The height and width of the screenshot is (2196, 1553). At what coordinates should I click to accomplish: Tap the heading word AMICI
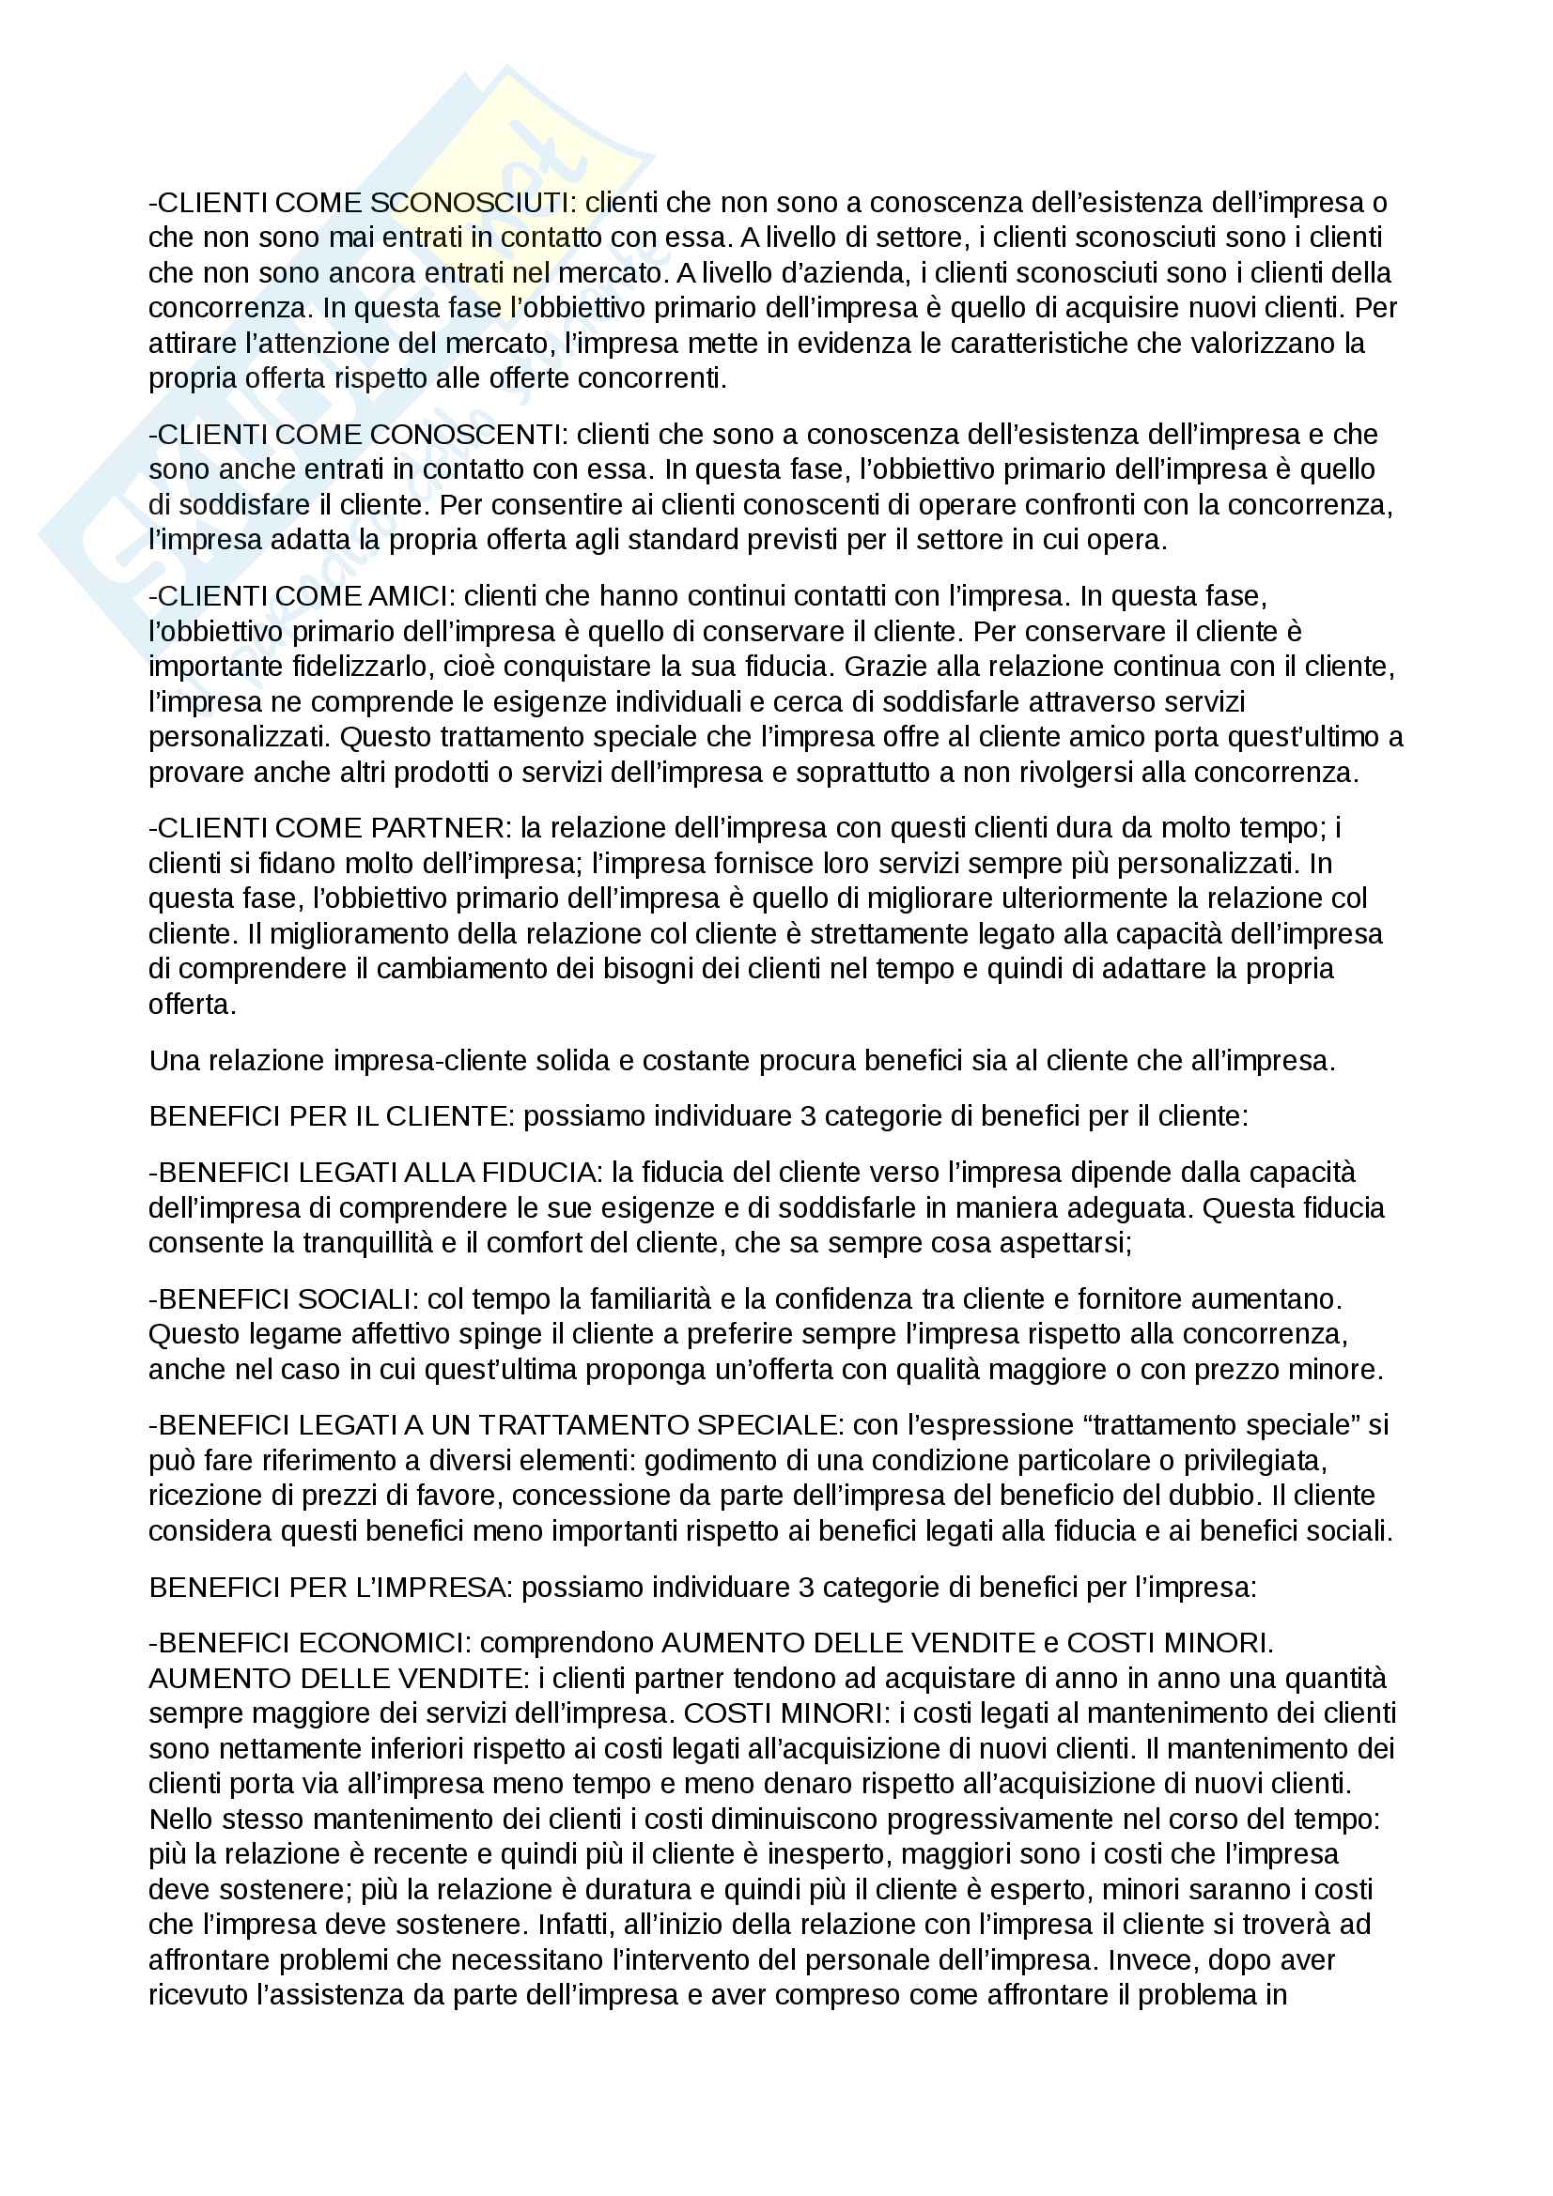point(407,596)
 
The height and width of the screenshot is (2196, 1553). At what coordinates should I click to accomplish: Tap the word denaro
point(808,1784)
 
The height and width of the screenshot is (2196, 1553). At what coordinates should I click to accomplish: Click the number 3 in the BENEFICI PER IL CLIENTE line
point(809,1116)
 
